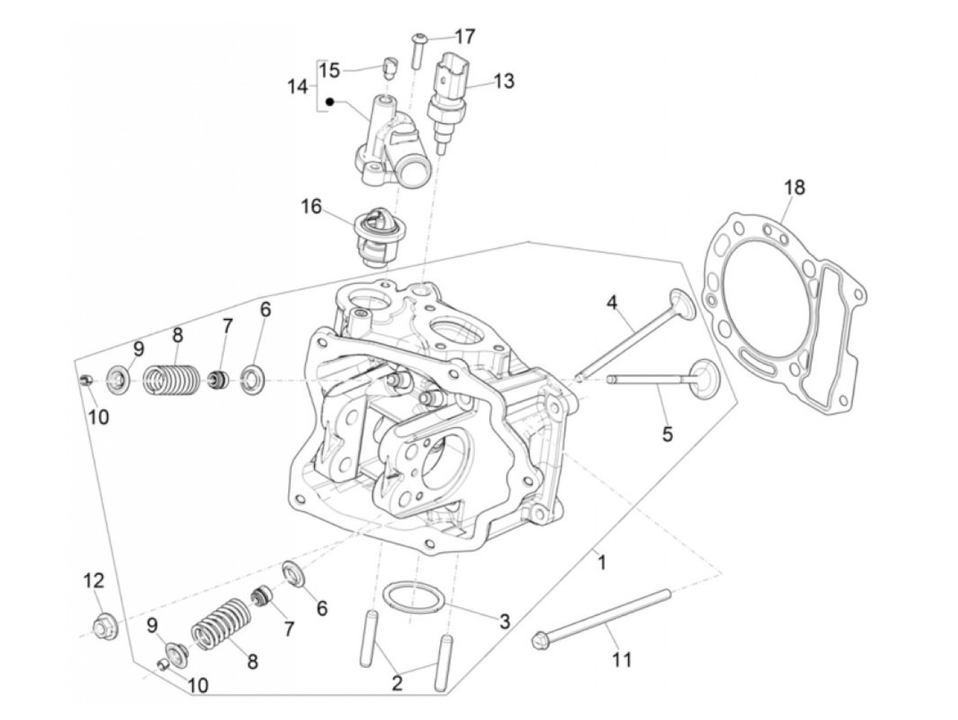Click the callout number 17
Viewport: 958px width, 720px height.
click(465, 37)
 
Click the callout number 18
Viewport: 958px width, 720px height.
click(794, 188)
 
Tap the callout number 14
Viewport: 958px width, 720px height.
click(298, 86)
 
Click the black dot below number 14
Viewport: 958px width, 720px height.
click(331, 102)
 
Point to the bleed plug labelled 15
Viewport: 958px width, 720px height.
click(389, 68)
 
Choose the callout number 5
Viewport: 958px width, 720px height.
click(667, 434)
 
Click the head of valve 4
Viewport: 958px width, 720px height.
click(682, 303)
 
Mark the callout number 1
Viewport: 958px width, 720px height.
click(602, 563)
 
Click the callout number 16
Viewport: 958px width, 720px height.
click(311, 207)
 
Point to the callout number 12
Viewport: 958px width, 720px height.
click(94, 581)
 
